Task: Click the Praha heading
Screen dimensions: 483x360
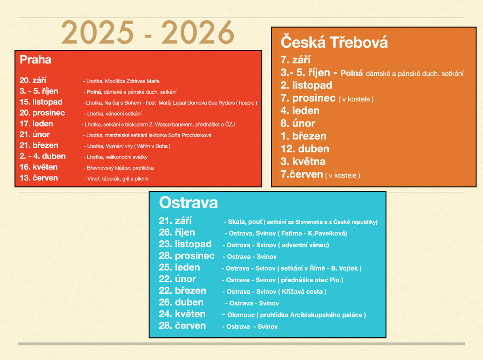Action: click(x=36, y=59)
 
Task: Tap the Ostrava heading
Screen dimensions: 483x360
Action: click(x=188, y=203)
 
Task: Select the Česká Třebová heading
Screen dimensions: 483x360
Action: click(x=334, y=42)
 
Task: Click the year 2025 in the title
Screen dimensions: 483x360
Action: click(x=97, y=32)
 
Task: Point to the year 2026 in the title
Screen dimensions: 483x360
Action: click(x=198, y=32)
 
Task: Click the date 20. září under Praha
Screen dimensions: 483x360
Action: click(x=33, y=80)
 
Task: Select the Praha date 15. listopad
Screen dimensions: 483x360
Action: click(x=41, y=102)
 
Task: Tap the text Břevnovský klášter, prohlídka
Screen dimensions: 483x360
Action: click(x=120, y=168)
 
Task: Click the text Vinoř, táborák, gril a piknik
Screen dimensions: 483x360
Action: click(x=118, y=179)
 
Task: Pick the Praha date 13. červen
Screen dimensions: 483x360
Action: click(x=39, y=178)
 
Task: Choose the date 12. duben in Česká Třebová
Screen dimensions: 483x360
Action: click(x=305, y=149)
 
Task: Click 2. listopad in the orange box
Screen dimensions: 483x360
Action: click(x=306, y=85)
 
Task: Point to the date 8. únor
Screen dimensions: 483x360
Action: click(x=298, y=123)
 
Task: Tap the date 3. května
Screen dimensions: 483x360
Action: click(x=303, y=161)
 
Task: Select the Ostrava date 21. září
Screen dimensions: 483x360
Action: click(x=175, y=221)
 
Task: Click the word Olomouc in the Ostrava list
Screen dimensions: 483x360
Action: click(x=241, y=315)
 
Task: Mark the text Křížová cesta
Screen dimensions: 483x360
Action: click(x=302, y=292)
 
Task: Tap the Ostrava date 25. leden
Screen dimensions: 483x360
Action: click(x=179, y=267)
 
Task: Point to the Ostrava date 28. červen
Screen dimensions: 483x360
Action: click(x=182, y=326)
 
